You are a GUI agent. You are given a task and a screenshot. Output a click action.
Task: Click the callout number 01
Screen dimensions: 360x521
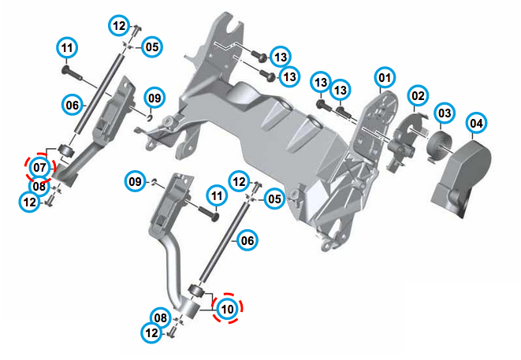coord(384,78)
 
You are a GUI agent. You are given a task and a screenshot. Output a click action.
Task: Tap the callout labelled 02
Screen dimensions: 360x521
coord(417,96)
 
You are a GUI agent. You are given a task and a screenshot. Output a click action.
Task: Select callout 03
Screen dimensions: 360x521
coord(445,113)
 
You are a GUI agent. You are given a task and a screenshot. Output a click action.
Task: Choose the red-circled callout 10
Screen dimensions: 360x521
coord(227,310)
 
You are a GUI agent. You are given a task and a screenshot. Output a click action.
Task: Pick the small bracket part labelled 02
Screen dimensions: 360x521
coord(404,137)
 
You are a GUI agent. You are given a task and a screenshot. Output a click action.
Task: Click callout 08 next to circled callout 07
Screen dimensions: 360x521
coord(40,187)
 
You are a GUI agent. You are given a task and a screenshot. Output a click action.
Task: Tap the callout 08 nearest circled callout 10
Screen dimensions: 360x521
coord(160,318)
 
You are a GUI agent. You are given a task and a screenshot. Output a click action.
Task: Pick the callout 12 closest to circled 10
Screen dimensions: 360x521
coord(152,333)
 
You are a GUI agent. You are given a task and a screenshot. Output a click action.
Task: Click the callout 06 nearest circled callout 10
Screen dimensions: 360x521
coord(247,240)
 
